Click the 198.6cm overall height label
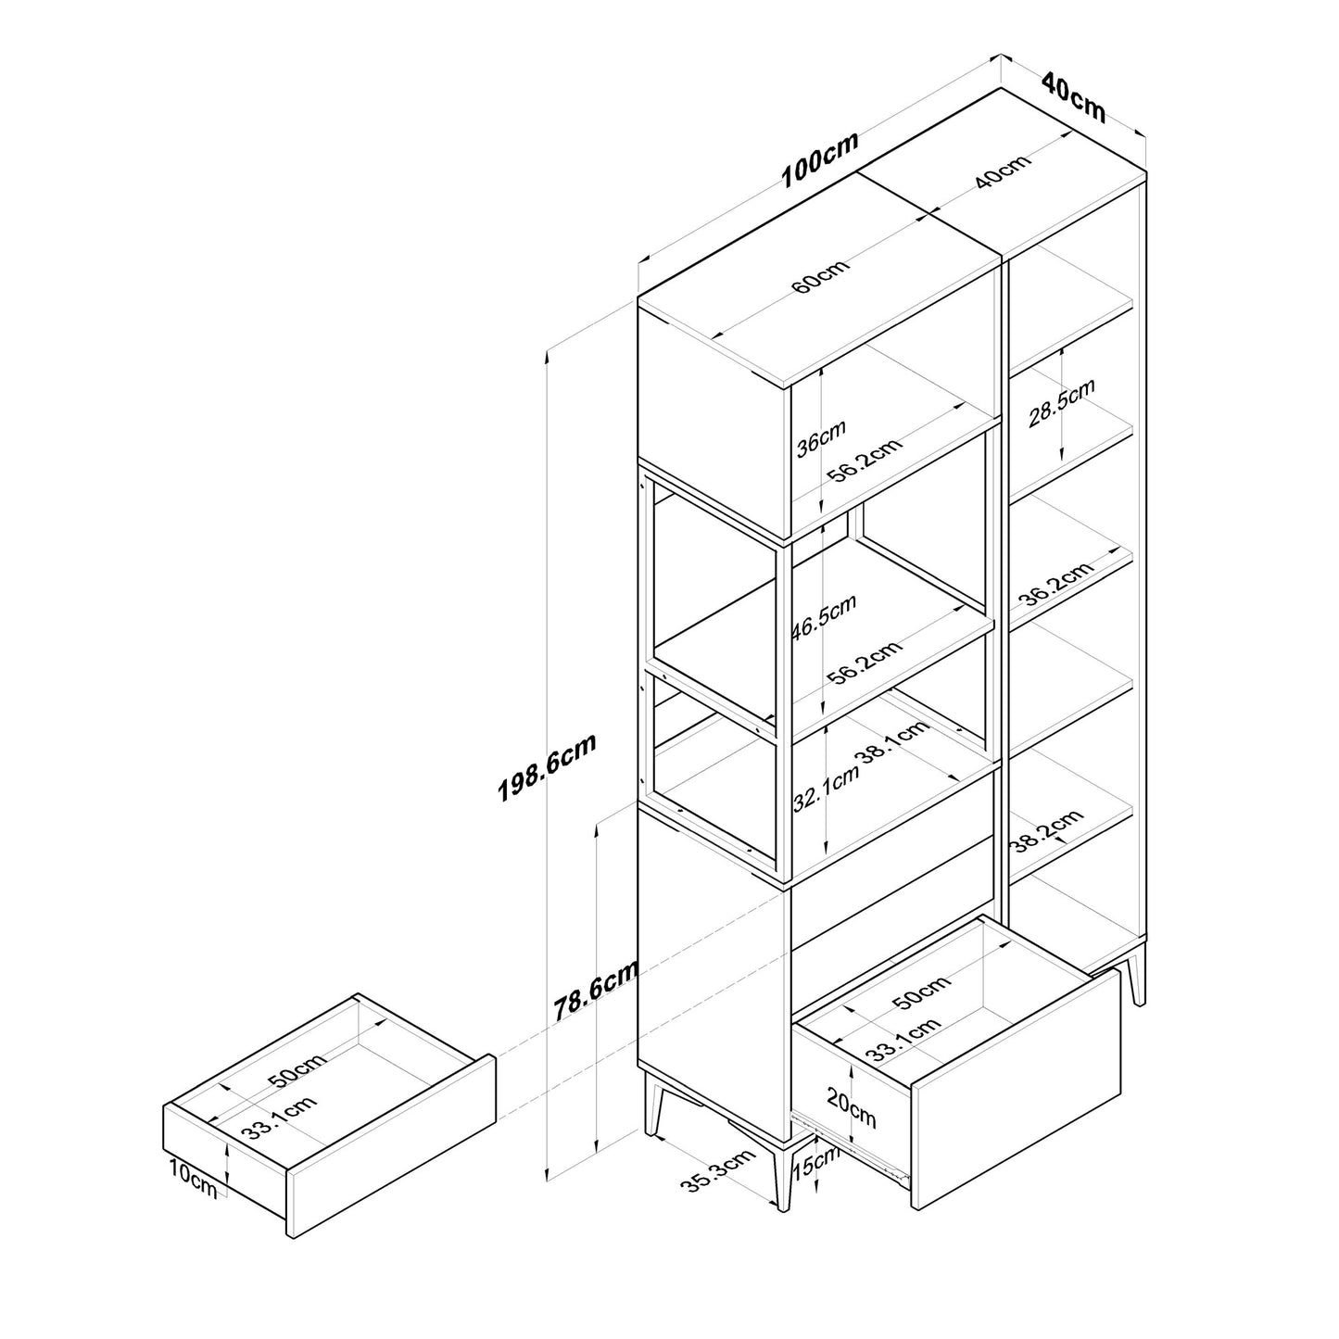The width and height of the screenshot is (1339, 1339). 547,767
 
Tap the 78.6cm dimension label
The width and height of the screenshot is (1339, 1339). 596,992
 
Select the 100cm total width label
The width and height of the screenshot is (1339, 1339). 820,159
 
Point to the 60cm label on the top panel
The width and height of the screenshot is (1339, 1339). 820,275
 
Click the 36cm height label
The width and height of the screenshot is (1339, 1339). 821,438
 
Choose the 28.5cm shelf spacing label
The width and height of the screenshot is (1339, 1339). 1061,403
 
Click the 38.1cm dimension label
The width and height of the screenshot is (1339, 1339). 895,743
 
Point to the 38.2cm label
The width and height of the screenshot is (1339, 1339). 1048,831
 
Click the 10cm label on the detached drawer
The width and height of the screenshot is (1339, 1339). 193,1180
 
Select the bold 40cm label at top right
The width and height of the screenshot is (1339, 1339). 1074,98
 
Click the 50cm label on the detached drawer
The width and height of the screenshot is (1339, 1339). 297,1071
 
